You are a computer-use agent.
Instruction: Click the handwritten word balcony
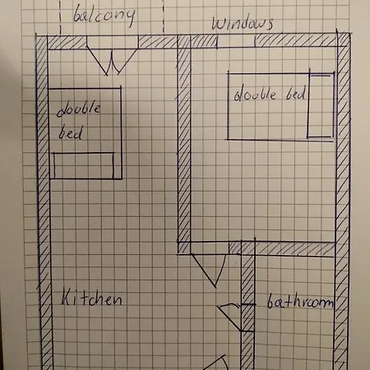click(x=104, y=15)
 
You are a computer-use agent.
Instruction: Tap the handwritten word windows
click(x=243, y=24)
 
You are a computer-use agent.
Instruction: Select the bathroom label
click(x=300, y=302)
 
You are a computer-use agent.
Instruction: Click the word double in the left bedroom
click(x=79, y=109)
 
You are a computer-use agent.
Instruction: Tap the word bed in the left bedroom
click(x=70, y=132)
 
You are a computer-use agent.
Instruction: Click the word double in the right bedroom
click(x=255, y=94)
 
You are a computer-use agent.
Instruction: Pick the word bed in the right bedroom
click(x=295, y=93)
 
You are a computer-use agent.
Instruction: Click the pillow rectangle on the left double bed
click(x=84, y=165)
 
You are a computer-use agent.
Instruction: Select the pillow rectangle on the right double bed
click(x=321, y=105)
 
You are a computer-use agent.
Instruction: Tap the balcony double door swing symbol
click(x=112, y=62)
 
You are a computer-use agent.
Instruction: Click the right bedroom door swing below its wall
click(x=209, y=271)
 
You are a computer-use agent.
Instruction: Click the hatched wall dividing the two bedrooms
click(x=184, y=145)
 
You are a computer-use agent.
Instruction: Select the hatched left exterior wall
click(x=44, y=203)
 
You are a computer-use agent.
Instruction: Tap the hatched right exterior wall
click(x=343, y=201)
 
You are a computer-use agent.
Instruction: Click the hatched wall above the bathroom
click(x=282, y=249)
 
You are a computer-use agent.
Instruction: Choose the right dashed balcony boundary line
click(x=164, y=17)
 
